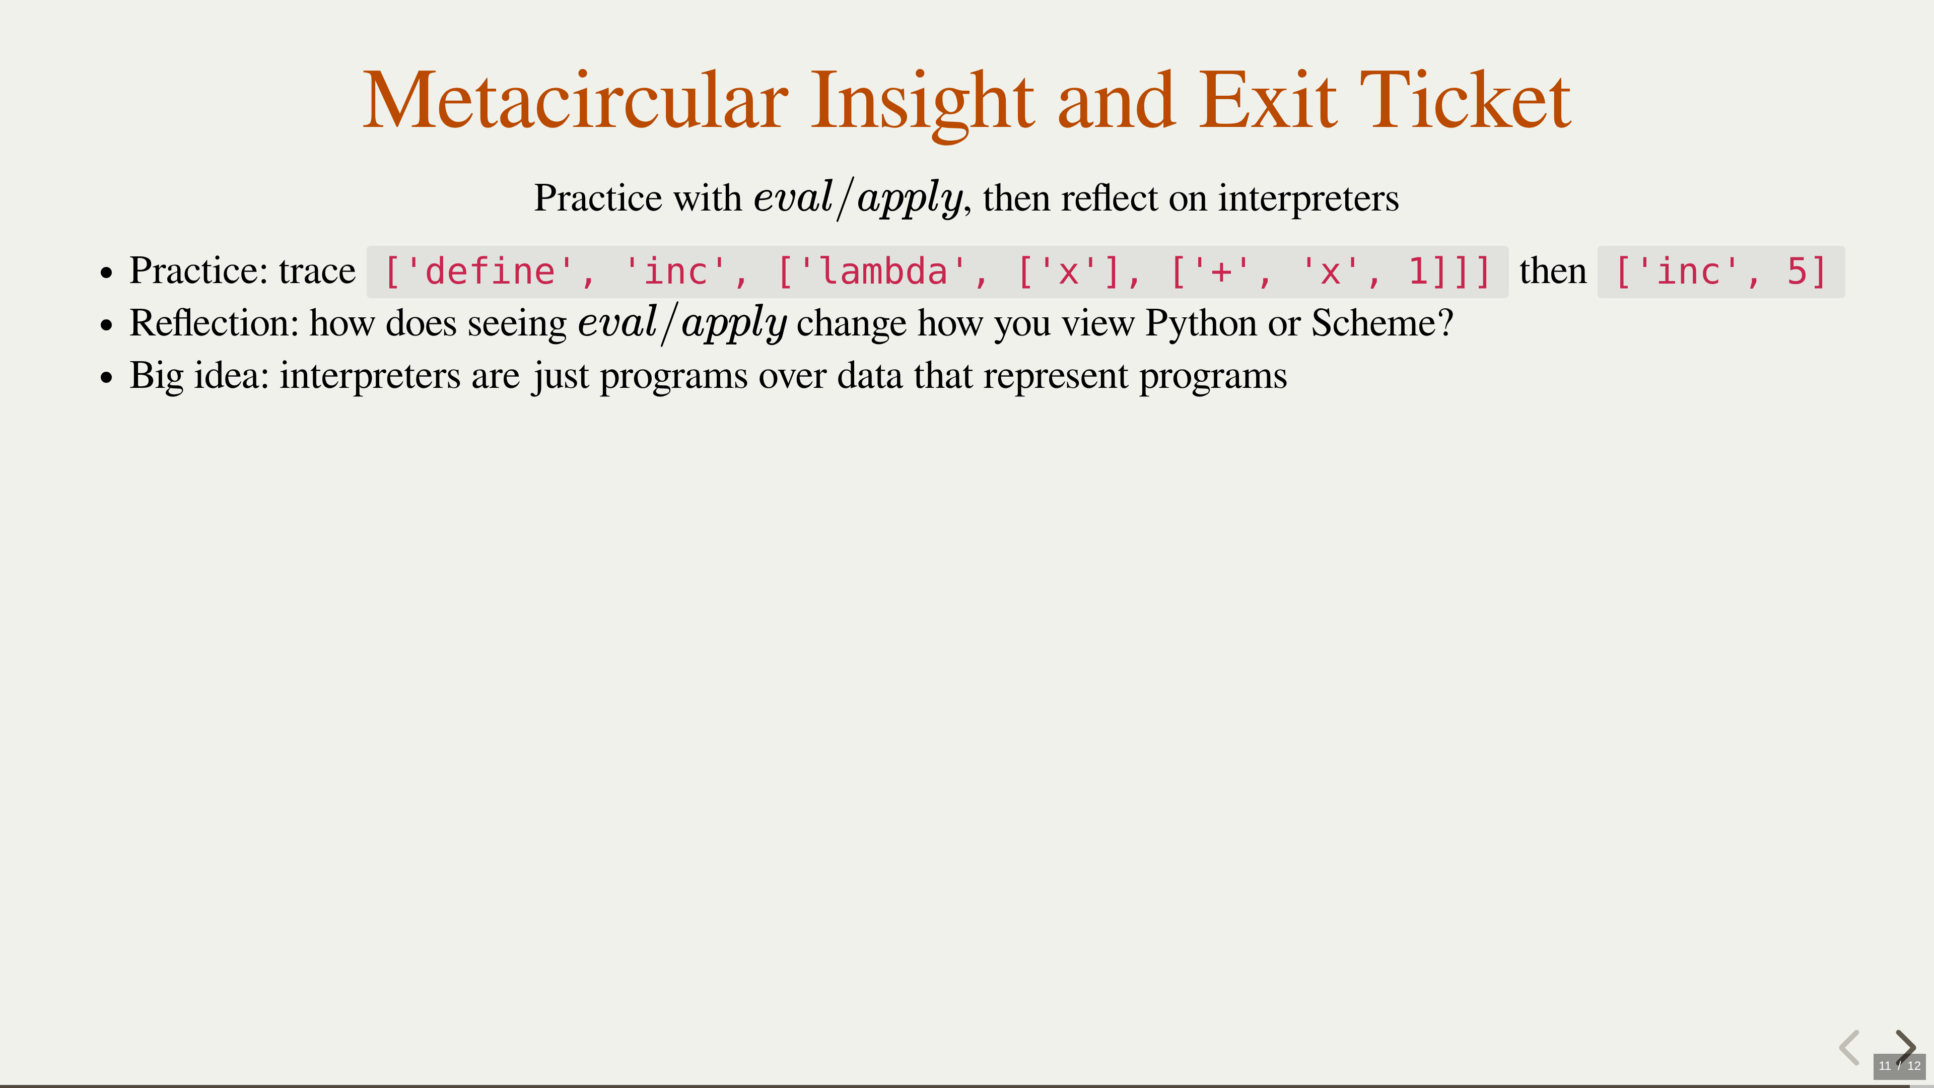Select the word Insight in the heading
tap(923, 104)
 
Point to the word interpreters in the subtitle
tap(1308, 198)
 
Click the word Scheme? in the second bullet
tap(1382, 323)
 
